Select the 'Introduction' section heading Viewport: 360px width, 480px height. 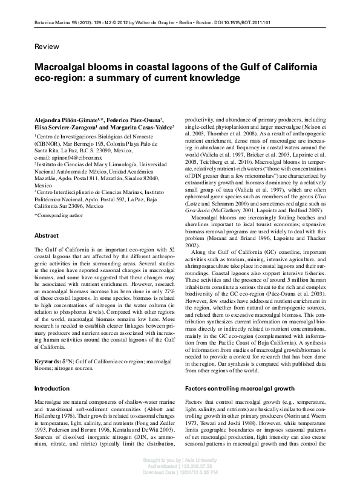click(51, 371)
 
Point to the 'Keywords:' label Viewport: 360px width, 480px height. click(48, 344)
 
